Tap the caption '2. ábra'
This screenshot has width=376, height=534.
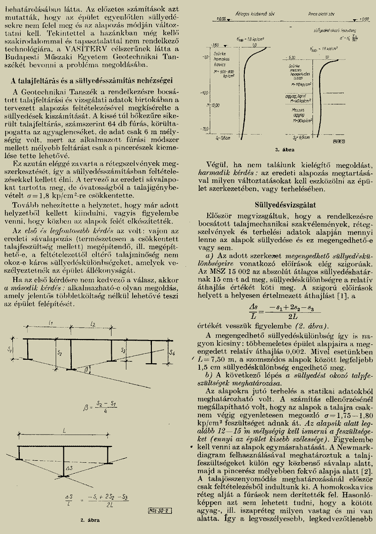tap(90, 520)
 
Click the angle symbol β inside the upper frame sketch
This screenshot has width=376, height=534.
tap(86, 369)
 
